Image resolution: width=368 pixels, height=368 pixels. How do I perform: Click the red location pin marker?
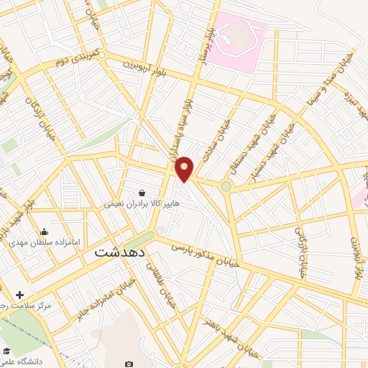point(185,168)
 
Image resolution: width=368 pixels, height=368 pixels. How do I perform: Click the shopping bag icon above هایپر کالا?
point(142,193)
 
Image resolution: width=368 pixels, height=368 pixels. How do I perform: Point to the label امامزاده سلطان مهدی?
point(44,243)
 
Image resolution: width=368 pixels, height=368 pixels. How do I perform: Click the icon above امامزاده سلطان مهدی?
point(45,231)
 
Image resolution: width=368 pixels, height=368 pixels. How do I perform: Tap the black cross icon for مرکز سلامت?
point(19,295)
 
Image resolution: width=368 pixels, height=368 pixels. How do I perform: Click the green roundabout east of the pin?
point(226,187)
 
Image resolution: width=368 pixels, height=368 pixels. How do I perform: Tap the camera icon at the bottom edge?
point(129,364)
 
